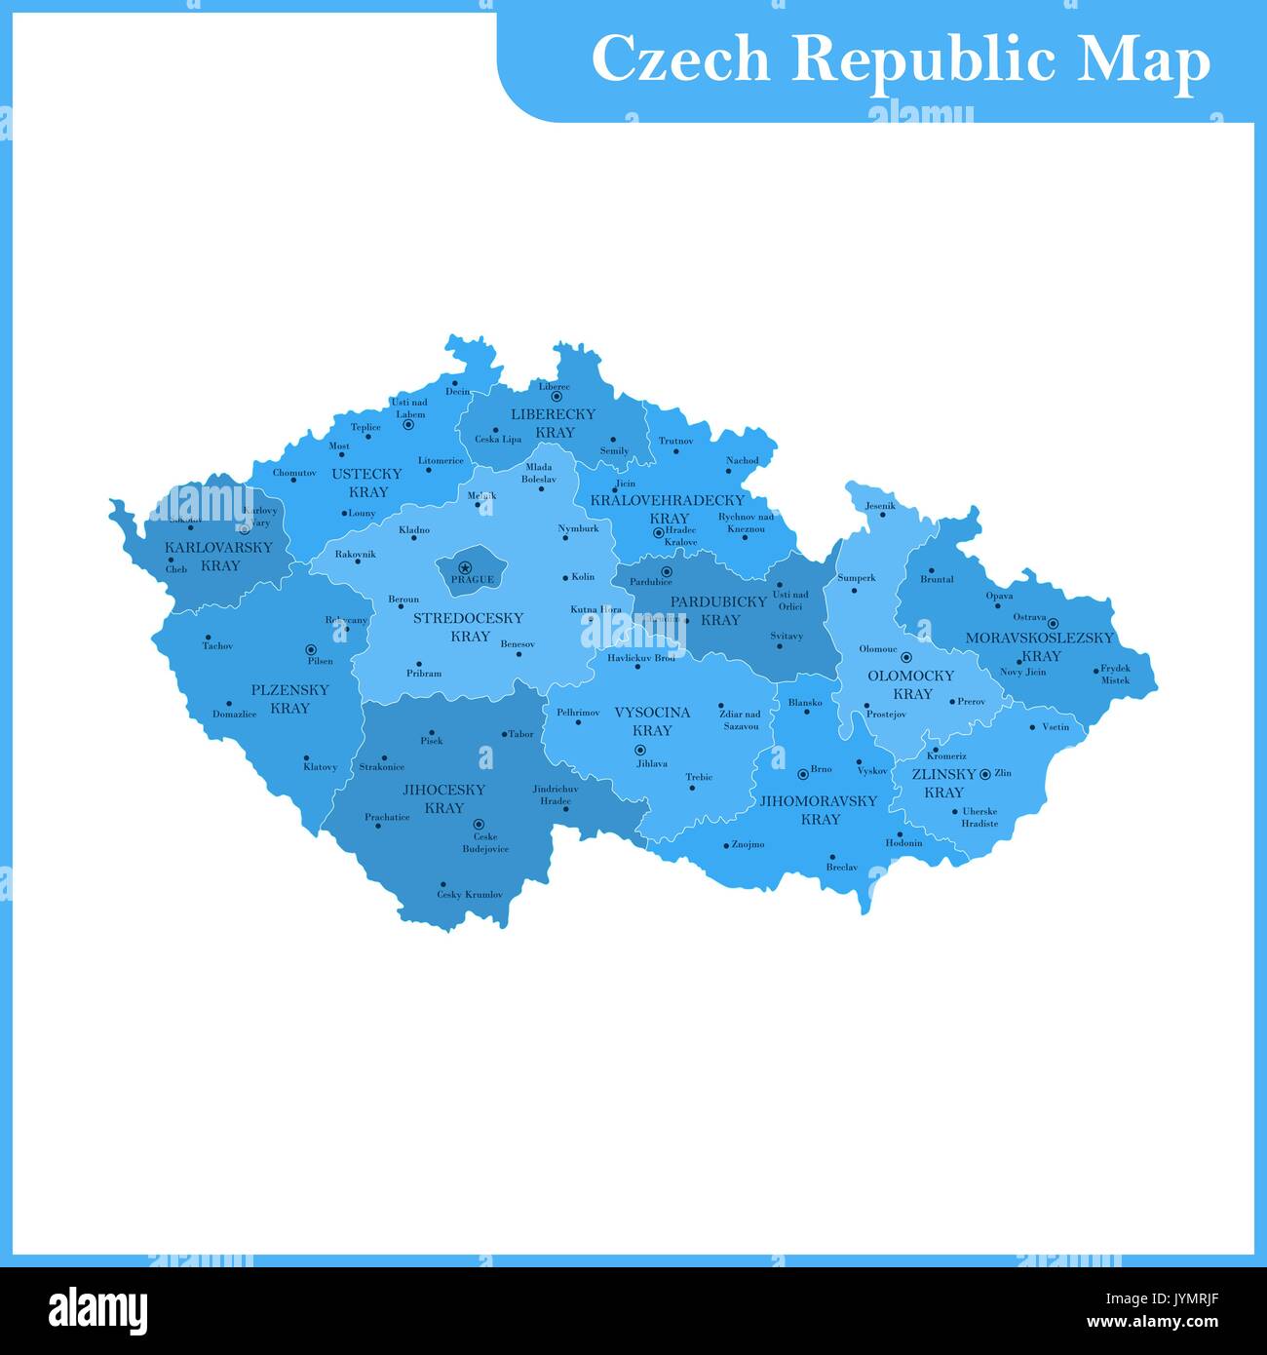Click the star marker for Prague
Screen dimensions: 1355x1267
click(465, 567)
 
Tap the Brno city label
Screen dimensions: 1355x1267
click(821, 769)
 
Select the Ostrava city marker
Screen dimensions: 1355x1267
click(1053, 623)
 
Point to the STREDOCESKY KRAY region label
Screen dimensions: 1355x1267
click(469, 627)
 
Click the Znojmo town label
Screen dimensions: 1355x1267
click(748, 845)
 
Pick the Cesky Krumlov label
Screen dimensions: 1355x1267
click(469, 895)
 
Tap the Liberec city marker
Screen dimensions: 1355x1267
click(557, 397)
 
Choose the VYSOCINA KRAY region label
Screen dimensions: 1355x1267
click(652, 721)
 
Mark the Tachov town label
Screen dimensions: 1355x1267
click(217, 645)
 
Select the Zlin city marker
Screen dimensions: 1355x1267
click(985, 774)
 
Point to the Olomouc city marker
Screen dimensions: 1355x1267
click(905, 657)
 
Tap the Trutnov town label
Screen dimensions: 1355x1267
click(675, 441)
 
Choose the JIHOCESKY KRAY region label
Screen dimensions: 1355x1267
click(444, 799)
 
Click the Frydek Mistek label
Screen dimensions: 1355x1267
click(1115, 675)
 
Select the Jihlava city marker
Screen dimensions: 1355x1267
click(640, 750)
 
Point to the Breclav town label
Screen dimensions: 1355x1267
click(841, 868)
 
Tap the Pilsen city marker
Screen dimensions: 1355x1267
click(311, 649)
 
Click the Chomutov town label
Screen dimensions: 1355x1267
click(294, 473)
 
